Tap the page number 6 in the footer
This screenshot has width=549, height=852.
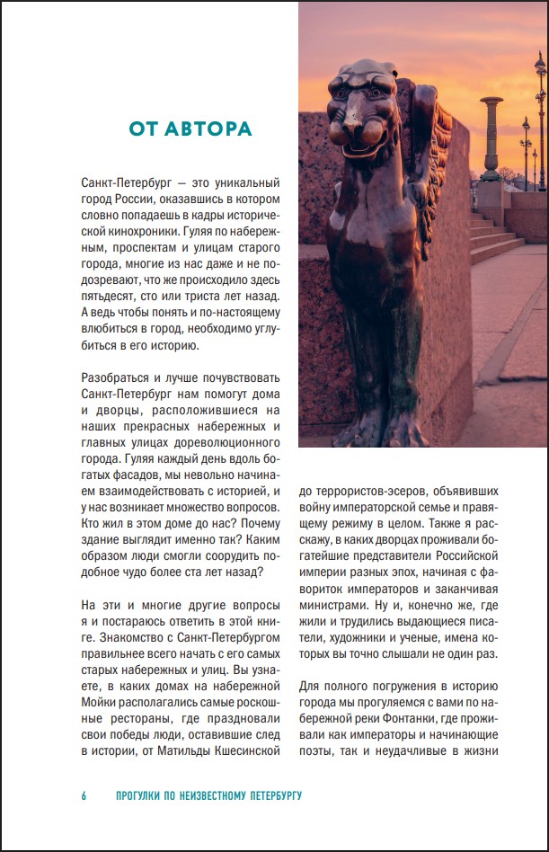84,796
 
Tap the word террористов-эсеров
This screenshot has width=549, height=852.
365,491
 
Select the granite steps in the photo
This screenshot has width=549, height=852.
494,238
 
